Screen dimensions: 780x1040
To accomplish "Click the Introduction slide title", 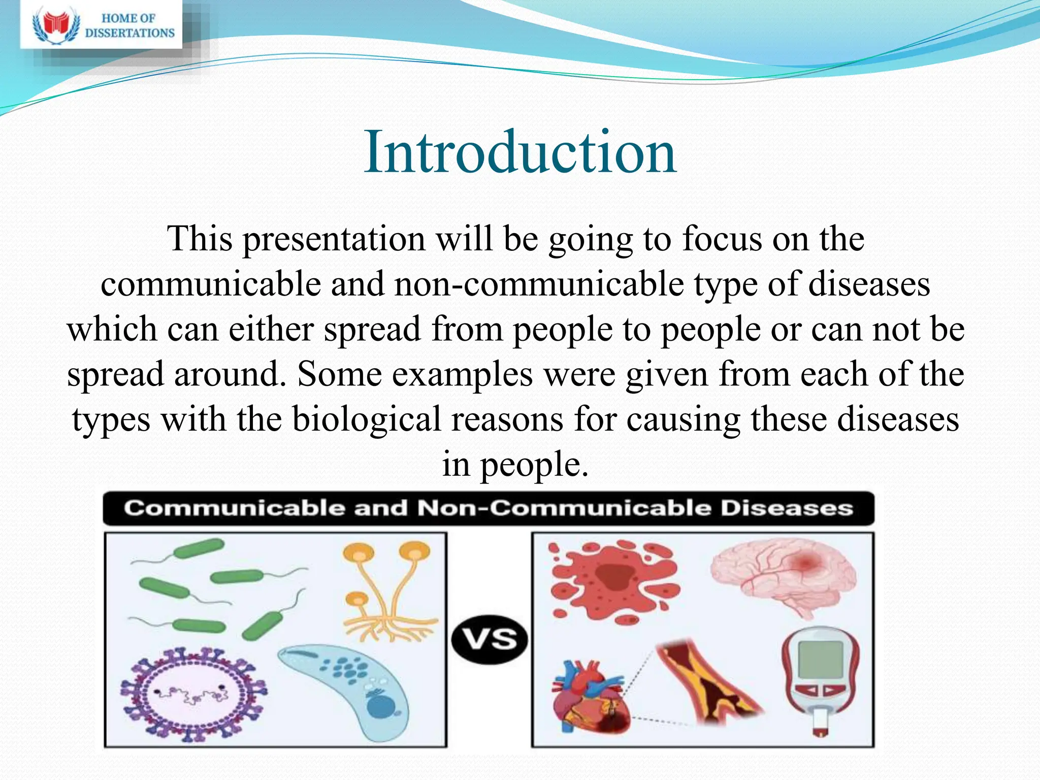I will pos(520,152).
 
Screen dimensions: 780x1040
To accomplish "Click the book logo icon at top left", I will pos(56,25).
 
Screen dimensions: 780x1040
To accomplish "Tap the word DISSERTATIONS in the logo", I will pos(129,33).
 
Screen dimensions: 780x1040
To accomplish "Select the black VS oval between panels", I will pos(490,639).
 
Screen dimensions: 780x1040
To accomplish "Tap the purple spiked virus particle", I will pos(193,693).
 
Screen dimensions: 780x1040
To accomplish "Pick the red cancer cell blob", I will pos(614,581).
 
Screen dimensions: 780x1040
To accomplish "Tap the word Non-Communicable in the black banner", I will pos(564,508).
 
